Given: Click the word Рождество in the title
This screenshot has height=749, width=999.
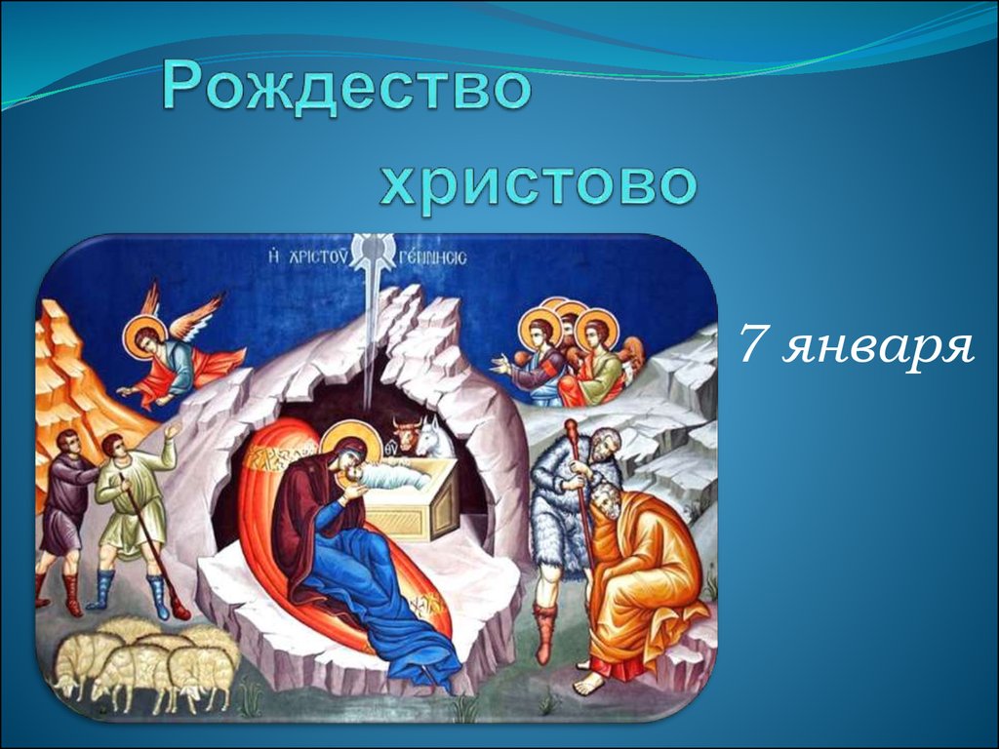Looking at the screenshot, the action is pyautogui.click(x=346, y=87).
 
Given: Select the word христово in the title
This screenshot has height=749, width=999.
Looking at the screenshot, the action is pyautogui.click(x=539, y=182).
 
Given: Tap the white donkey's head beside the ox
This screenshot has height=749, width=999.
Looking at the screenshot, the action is pyautogui.click(x=435, y=436).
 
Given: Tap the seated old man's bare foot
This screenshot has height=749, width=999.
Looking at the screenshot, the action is pyautogui.click(x=588, y=684).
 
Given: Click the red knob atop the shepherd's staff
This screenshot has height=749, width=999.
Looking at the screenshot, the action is pyautogui.click(x=571, y=426).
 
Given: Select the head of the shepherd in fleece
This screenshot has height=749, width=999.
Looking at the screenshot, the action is pyautogui.click(x=601, y=446).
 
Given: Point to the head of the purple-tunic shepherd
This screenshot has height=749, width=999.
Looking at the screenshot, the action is pyautogui.click(x=68, y=443).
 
